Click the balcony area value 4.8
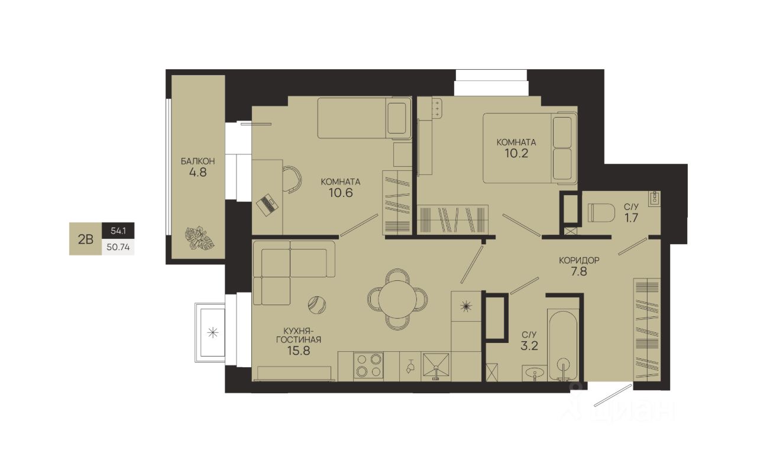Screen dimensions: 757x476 click(198, 173)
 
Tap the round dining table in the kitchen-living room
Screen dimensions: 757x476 click(397, 299)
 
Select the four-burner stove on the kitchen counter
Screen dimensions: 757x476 click(368, 365)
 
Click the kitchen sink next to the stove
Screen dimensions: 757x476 click(436, 365)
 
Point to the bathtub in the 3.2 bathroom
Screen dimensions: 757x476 click(562, 345)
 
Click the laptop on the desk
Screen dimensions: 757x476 click(267, 205)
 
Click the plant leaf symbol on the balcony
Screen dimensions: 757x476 click(199, 238)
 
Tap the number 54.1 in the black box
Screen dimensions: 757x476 click(118, 231)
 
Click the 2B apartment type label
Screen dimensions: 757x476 click(86, 239)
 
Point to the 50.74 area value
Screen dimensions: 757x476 click(118, 247)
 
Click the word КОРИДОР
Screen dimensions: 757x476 click(579, 260)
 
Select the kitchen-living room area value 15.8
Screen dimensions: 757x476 click(299, 351)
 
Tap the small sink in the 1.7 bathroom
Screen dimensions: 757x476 click(655, 198)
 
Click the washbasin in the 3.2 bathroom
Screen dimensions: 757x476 click(534, 373)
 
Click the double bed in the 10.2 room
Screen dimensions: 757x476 click(529, 148)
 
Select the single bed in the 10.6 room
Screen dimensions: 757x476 click(364, 118)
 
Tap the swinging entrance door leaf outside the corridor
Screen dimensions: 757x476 click(613, 395)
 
